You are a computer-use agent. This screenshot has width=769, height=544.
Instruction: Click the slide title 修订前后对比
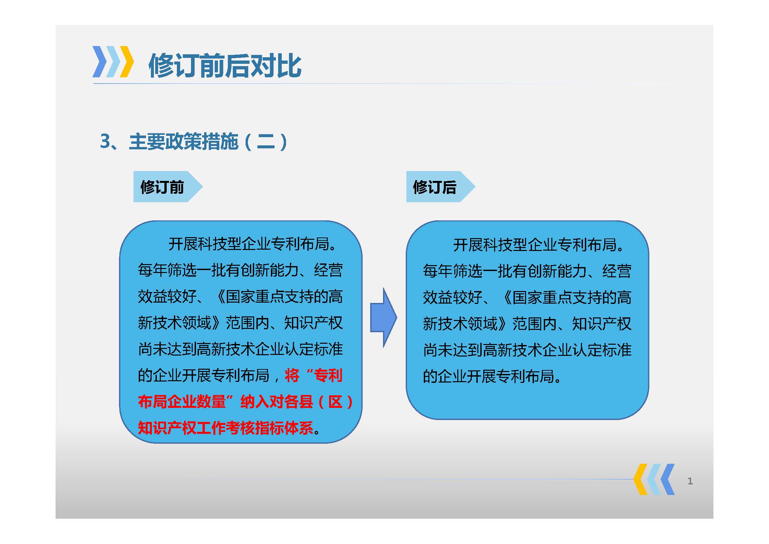tap(225, 66)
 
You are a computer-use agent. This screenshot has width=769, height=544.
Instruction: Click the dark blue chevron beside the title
tap(100, 62)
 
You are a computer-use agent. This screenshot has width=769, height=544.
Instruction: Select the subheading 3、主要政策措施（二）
tap(194, 141)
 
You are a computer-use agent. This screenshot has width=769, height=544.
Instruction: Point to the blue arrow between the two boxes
tap(383, 317)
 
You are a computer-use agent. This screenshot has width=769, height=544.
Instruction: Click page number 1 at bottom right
tap(690, 482)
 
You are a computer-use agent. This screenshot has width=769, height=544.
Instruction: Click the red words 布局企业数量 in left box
tap(182, 401)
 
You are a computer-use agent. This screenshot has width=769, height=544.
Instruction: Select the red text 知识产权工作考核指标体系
tap(226, 428)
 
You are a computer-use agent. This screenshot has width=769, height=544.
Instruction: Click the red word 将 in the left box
tap(292, 375)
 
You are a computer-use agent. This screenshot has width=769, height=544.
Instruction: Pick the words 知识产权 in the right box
tap(602, 324)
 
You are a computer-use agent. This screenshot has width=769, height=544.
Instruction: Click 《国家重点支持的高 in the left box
tap(279, 296)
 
